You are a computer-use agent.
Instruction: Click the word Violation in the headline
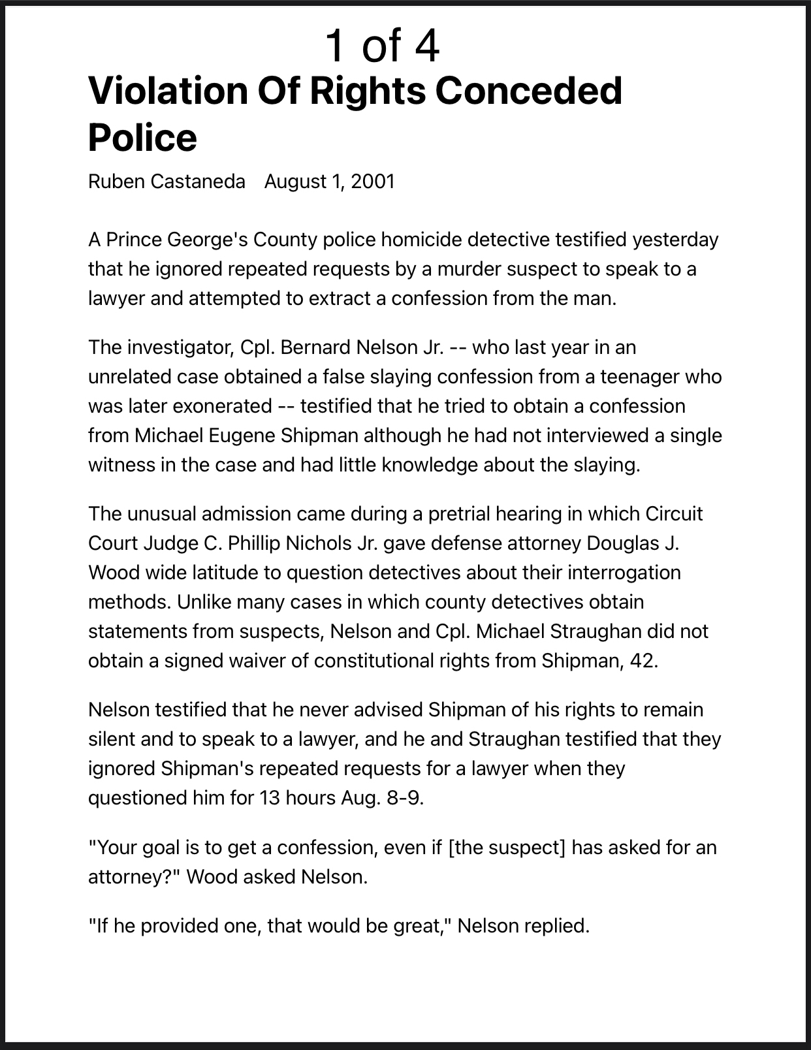pos(167,91)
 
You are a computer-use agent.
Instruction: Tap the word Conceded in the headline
pos(528,91)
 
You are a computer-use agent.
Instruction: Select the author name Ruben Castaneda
pos(167,181)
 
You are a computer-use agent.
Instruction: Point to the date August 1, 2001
pos(329,181)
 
